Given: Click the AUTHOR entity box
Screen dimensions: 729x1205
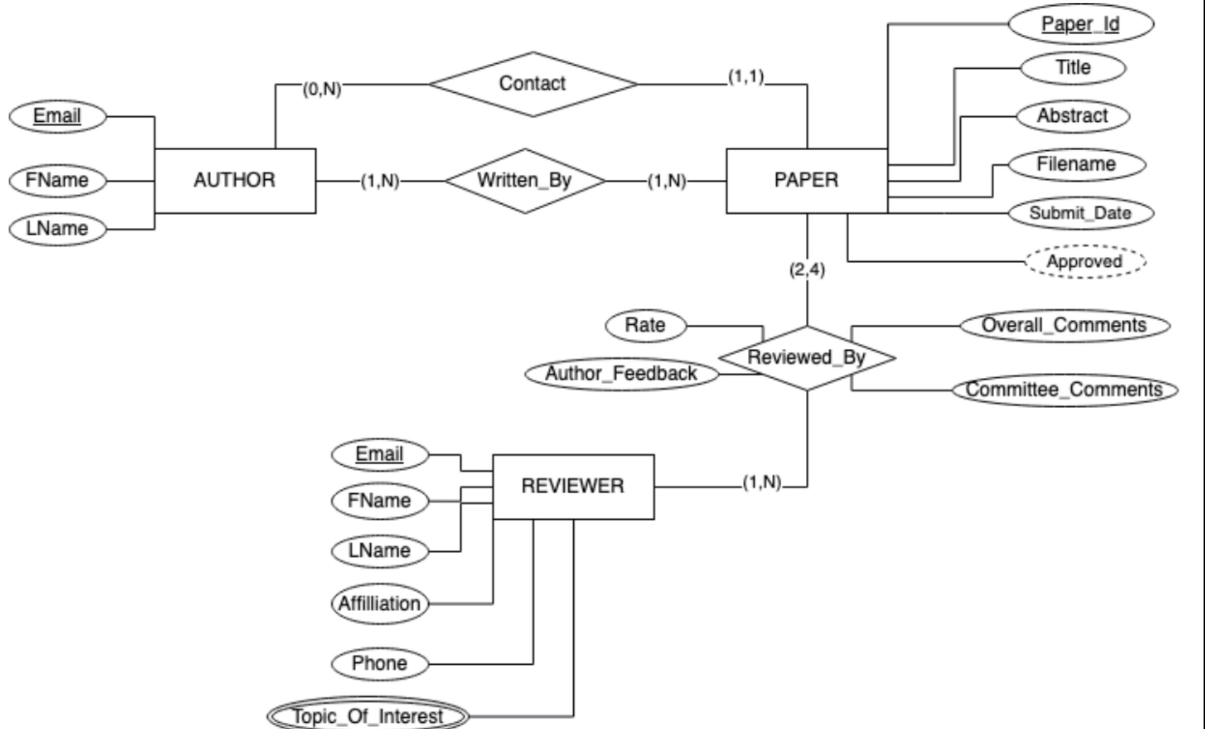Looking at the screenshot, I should (x=235, y=180).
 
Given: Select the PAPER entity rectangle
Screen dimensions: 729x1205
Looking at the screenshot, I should (x=806, y=180).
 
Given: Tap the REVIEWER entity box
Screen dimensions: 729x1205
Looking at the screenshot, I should (x=573, y=486).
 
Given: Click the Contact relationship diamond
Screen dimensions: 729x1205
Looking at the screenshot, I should (x=533, y=84).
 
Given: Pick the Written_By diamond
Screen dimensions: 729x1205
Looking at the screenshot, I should (x=525, y=181).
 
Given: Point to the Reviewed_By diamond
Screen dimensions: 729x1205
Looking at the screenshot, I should (x=807, y=357).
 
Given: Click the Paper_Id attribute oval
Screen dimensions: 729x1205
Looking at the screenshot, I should (x=1081, y=24).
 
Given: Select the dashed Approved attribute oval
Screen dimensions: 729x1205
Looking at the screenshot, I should (x=1085, y=261).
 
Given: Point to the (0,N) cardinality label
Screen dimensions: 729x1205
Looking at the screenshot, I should (x=322, y=89).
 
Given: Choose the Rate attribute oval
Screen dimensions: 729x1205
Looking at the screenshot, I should (x=646, y=326).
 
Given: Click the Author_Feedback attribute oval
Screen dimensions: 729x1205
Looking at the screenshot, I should (x=621, y=374).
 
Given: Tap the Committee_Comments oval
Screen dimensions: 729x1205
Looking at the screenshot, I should (x=1065, y=390).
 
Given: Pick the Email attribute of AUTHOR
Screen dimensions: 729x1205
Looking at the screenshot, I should (x=57, y=116).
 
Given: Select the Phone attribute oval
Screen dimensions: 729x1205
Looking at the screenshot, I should (x=379, y=664).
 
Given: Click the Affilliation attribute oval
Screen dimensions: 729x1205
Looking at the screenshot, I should (x=379, y=604).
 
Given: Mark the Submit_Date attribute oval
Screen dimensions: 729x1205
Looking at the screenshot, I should (x=1081, y=213).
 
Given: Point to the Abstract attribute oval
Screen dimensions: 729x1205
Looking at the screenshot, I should (x=1073, y=116).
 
